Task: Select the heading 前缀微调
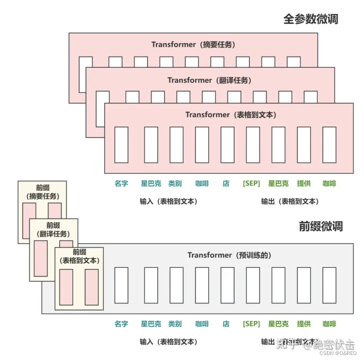[321, 226]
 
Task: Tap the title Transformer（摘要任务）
[193, 44]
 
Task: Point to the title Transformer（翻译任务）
[209, 80]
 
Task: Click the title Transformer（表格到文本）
[231, 114]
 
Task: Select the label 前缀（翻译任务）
[55, 229]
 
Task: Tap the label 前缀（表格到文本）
[79, 256]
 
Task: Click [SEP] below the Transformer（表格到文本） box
[251, 183]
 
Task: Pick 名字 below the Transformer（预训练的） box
[121, 323]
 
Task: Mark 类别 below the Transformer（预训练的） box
[175, 323]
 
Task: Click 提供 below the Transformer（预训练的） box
[304, 323]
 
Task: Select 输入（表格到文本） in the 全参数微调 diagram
[168, 201]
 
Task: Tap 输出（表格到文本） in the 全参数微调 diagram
[290, 201]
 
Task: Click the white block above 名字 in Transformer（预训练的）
[121, 285]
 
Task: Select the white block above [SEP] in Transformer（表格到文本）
[253, 144]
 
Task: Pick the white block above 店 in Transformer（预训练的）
[227, 285]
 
